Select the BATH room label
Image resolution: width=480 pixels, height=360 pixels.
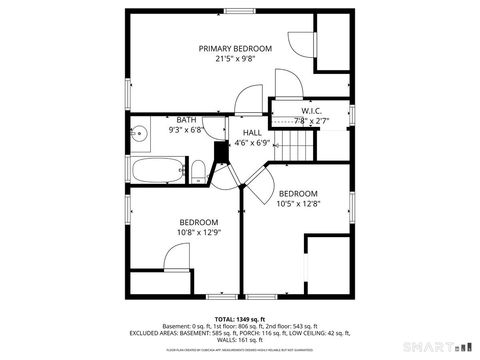tap(186, 119)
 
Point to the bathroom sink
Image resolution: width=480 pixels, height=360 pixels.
tap(141, 131)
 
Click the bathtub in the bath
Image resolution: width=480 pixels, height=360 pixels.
tap(157, 169)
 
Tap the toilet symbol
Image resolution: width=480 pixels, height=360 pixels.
tap(199, 168)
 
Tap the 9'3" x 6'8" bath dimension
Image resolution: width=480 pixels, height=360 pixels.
tap(186, 129)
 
